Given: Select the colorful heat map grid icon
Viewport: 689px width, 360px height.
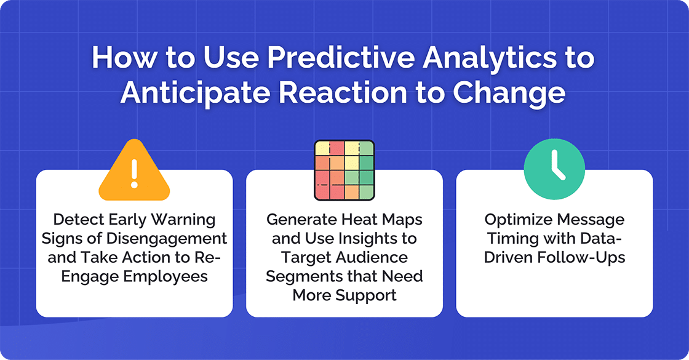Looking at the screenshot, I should pyautogui.click(x=344, y=170).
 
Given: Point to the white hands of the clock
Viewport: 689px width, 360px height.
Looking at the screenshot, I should pyautogui.click(x=557, y=168).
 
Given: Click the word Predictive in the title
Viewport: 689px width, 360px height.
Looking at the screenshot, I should pyautogui.click(x=311, y=60).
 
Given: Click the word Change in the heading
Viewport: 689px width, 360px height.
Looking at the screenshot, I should pyautogui.click(x=509, y=93).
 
